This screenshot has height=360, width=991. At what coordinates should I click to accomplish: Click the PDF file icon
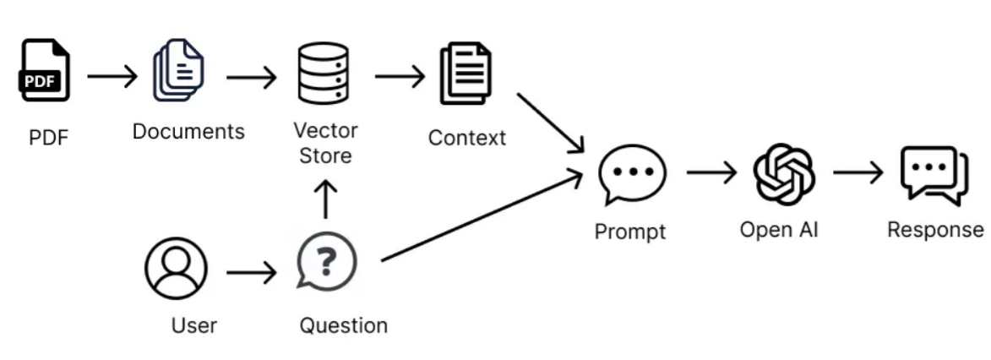click(x=44, y=70)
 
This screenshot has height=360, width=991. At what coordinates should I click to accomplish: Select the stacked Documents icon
click(x=178, y=69)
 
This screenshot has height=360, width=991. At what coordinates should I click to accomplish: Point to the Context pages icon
click(x=466, y=73)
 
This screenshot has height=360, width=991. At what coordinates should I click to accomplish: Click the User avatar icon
click(x=176, y=268)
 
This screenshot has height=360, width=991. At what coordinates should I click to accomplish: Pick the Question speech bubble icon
click(x=326, y=260)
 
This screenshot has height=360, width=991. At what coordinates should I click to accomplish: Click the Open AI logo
click(x=784, y=174)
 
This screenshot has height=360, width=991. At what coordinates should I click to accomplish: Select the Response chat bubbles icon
click(x=934, y=175)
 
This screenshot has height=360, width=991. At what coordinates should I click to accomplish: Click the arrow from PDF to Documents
click(x=112, y=77)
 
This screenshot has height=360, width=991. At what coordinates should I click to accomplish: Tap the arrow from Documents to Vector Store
click(x=252, y=78)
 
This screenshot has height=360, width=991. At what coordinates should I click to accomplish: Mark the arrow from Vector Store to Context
click(x=400, y=77)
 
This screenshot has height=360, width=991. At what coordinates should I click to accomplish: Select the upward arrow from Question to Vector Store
click(x=325, y=199)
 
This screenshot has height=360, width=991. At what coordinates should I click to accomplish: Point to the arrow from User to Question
click(x=252, y=273)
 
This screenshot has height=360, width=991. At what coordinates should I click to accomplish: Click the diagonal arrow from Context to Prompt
click(x=551, y=123)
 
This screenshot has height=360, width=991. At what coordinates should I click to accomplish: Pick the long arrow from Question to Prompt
click(x=482, y=215)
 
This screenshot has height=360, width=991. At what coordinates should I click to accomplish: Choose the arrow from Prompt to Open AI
click(x=711, y=172)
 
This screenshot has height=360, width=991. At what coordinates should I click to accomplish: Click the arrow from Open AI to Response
click(x=858, y=172)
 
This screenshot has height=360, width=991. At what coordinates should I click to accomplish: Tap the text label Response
click(x=935, y=230)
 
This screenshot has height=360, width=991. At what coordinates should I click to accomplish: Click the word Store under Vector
click(x=325, y=155)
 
